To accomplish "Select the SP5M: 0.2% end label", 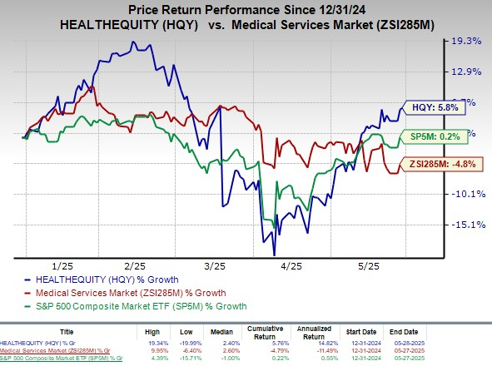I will pos(435,136).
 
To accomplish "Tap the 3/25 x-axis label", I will pos(214,265).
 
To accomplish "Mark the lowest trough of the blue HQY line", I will pos(273,255).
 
